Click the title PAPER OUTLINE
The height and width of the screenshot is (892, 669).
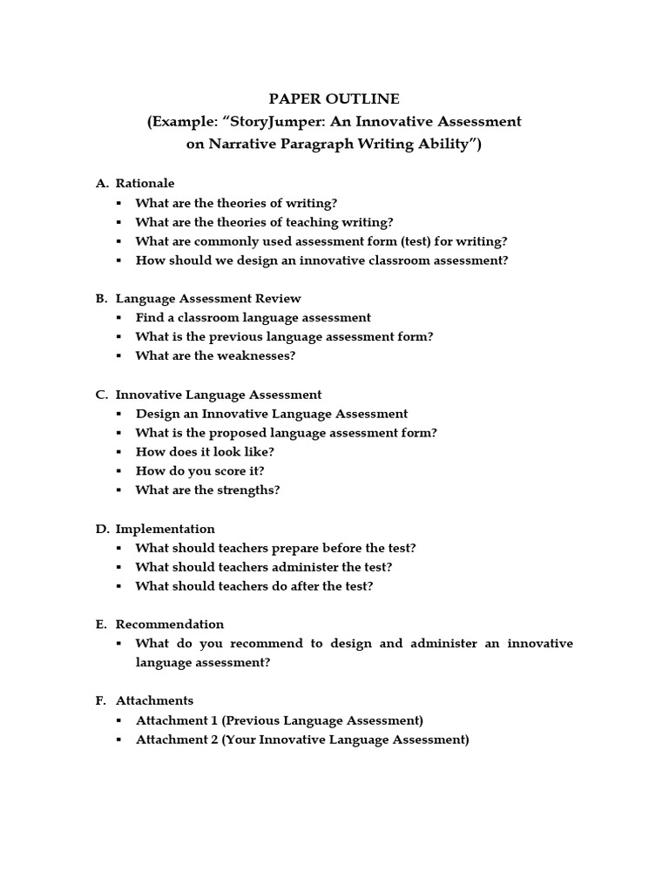[x=334, y=99]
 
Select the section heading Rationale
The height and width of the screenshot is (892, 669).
[x=145, y=183]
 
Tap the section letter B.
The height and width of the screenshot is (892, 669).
[x=101, y=298]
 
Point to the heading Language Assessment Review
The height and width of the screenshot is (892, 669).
[x=208, y=298]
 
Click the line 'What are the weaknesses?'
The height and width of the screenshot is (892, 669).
[x=215, y=355]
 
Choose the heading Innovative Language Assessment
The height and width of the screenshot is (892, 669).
[x=218, y=395]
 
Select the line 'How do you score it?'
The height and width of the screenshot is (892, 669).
[x=199, y=470]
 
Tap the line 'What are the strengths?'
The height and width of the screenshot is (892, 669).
[x=207, y=490]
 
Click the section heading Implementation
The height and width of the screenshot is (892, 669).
[x=165, y=529]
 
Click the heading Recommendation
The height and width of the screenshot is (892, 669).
[x=169, y=624]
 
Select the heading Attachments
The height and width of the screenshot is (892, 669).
[x=154, y=700]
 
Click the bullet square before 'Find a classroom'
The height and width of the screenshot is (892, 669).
[x=118, y=318]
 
